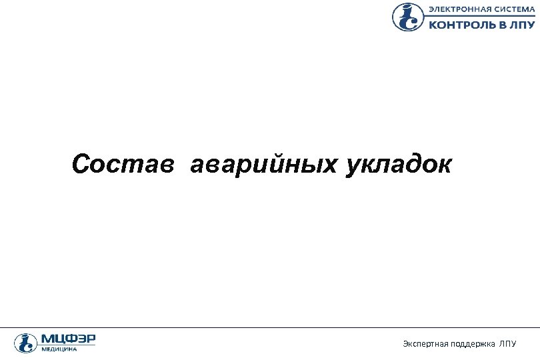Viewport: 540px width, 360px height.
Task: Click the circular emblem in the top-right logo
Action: click(407, 17)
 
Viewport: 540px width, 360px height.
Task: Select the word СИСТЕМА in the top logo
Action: click(514, 9)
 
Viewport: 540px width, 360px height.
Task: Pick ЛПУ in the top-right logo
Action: click(523, 25)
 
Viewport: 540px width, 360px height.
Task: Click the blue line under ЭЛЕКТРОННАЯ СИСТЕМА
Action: click(480, 16)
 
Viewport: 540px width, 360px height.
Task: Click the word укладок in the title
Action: click(398, 164)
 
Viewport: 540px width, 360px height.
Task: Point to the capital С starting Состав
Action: click(81, 164)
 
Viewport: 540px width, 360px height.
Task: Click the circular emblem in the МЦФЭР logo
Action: click(26, 343)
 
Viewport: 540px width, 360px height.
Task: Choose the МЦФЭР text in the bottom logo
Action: click(68, 339)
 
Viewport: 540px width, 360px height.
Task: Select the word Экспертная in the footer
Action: click(423, 343)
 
